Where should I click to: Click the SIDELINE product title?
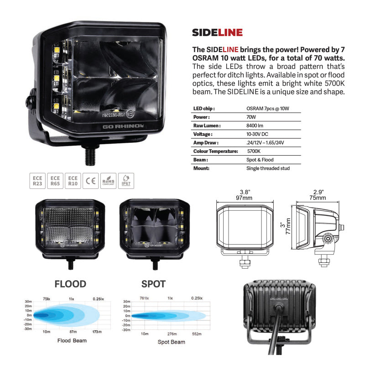pos(217,32)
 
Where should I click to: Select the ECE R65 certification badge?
pos(55,181)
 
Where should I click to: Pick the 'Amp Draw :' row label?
pos(206,142)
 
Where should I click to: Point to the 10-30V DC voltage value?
pos(257,134)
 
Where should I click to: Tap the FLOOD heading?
pos(70,284)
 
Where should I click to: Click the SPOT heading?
pos(153,284)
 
